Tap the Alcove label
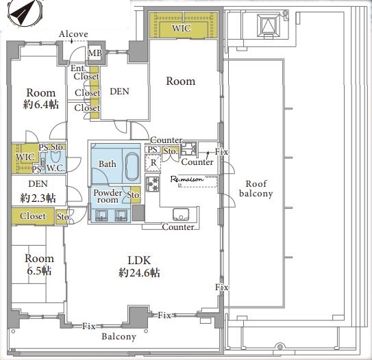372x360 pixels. point(73,34)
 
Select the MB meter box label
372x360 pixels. point(95,53)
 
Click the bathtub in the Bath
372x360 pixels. point(132,166)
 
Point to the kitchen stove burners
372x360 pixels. point(153,184)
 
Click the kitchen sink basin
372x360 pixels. point(181,214)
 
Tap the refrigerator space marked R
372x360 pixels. point(153,163)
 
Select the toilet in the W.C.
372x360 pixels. point(55,157)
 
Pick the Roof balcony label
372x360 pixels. point(256,188)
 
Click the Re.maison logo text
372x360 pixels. point(187,179)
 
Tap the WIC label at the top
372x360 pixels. point(182,28)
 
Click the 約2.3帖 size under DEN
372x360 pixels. point(38,198)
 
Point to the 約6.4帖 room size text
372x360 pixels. point(41,105)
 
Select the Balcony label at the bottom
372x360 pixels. point(119,337)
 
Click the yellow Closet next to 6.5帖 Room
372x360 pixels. point(33,216)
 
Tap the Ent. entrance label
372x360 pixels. point(78,68)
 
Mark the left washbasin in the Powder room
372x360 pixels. point(101,216)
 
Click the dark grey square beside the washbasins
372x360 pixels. point(138,213)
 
